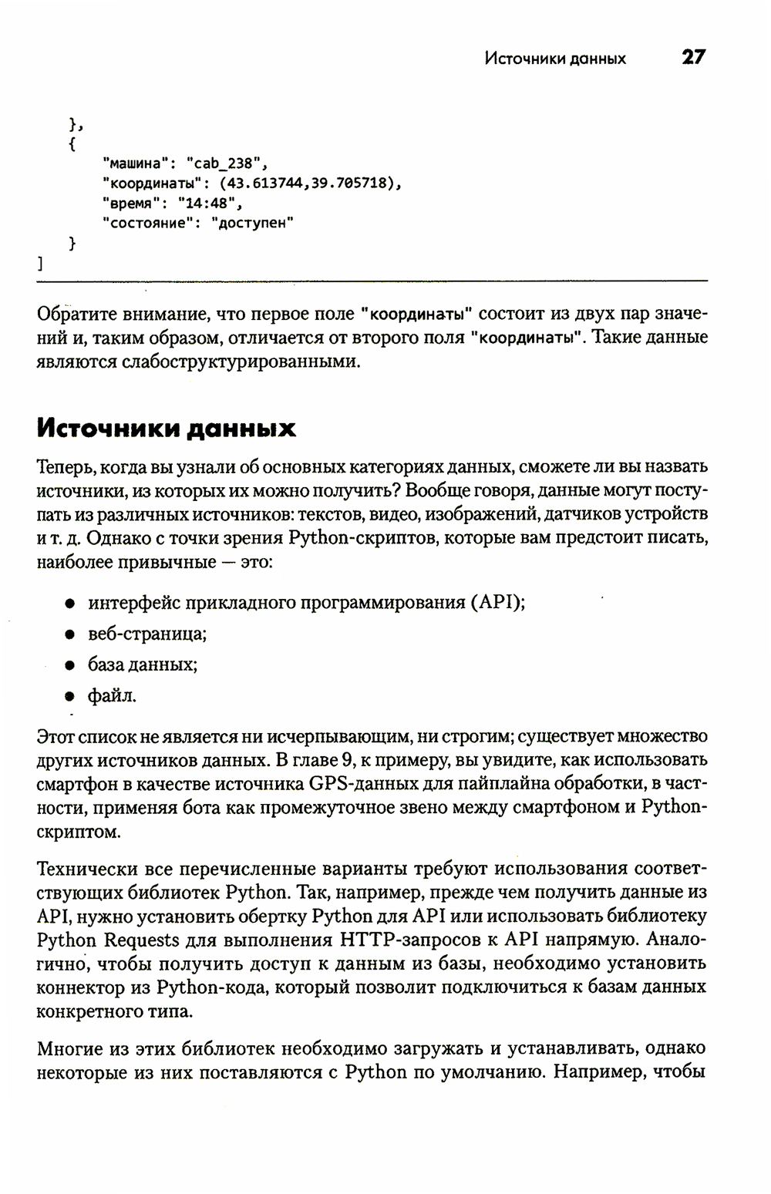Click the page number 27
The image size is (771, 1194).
[x=692, y=57]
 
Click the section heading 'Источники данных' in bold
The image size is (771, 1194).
[x=167, y=428]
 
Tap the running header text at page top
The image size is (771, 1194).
[x=555, y=59]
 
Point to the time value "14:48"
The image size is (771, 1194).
[x=209, y=203]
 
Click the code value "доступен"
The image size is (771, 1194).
[x=251, y=223]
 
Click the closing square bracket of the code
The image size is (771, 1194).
[x=39, y=264]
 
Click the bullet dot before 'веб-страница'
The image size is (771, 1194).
[x=69, y=634]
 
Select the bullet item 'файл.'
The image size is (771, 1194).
[x=113, y=696]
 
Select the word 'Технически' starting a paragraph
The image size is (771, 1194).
[x=86, y=869]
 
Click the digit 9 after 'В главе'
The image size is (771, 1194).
[x=347, y=761]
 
